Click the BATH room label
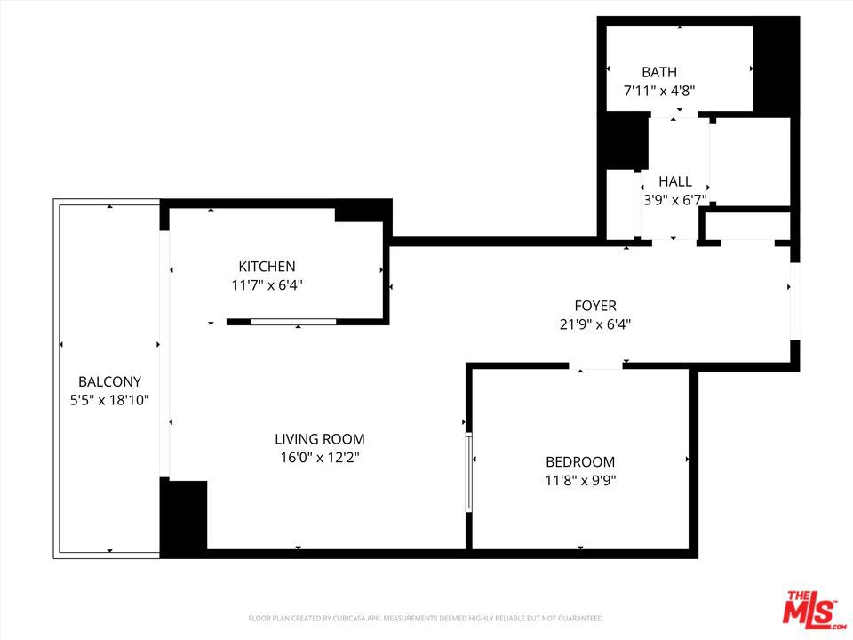coord(659,72)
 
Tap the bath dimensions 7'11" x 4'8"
coord(659,90)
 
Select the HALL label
coord(675,181)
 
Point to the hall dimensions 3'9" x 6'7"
coord(675,200)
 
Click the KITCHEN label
coord(267,267)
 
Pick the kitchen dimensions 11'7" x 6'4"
coord(267,285)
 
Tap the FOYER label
coord(595,306)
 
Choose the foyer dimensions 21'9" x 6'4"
coord(595,324)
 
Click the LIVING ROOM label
coord(320,439)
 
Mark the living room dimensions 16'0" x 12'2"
coord(320,458)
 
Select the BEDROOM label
coord(580,462)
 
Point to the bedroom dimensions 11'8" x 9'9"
coord(580,481)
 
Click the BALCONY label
coord(109,381)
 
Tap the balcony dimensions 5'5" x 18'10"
coord(109,400)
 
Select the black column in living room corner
coord(184,515)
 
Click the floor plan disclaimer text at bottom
coord(426,618)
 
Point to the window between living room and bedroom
coord(469,472)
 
